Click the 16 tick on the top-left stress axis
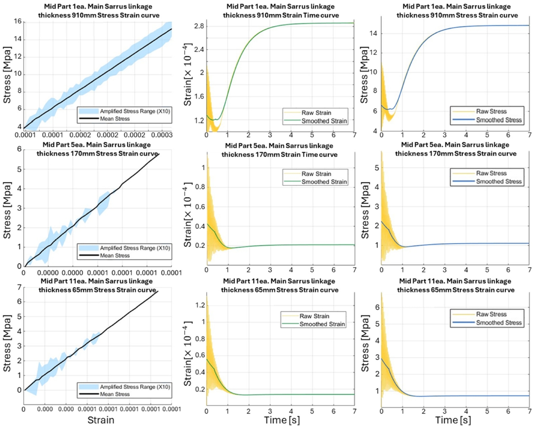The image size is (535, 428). click(18, 22)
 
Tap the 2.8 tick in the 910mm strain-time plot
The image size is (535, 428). click(199, 26)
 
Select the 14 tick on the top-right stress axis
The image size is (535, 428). click(373, 34)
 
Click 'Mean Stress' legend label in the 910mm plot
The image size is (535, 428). click(115, 119)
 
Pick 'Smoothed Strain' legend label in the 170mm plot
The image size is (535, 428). click(324, 182)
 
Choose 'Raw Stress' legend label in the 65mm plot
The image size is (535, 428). click(491, 314)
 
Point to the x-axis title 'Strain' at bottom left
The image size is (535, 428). click(101, 420)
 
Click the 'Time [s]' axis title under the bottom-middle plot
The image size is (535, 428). click(282, 420)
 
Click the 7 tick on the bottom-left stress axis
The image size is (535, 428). click(19, 287)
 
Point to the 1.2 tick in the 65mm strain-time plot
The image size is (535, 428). click(200, 305)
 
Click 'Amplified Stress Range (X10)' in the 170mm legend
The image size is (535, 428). click(135, 248)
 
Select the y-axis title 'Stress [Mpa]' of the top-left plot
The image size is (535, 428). click(7, 74)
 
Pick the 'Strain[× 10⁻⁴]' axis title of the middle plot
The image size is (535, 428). click(188, 215)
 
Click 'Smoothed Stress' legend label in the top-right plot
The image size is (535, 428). click(499, 120)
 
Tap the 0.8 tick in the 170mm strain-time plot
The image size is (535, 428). click(200, 187)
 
